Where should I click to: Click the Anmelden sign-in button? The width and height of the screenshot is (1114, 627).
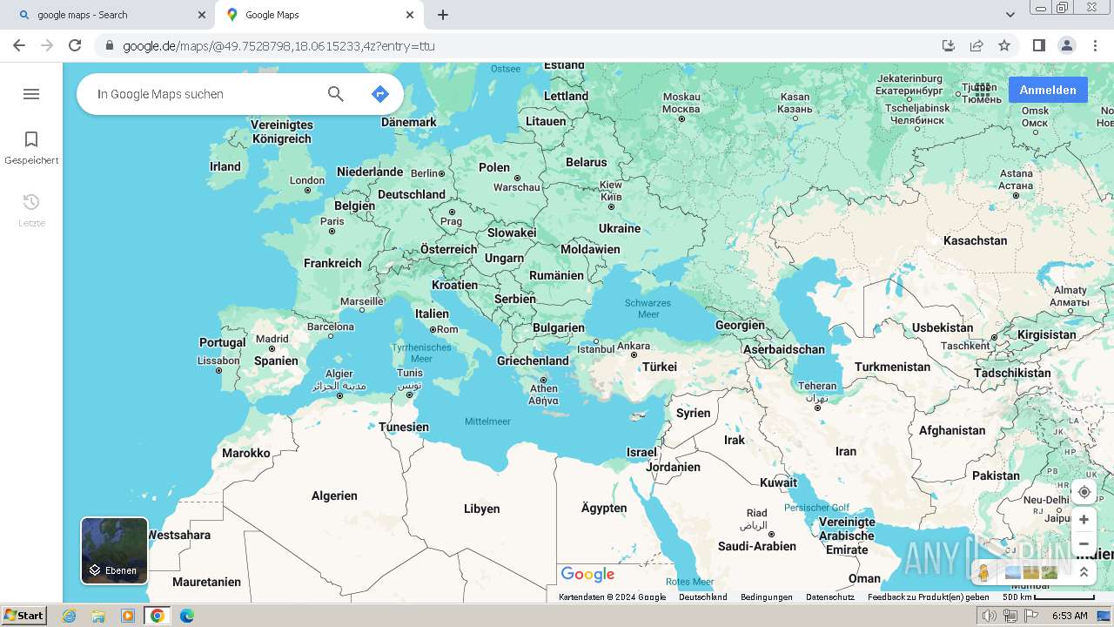(1048, 90)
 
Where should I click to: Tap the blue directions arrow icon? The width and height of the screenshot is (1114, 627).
(379, 94)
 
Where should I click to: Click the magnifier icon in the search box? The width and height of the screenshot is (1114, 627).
(335, 94)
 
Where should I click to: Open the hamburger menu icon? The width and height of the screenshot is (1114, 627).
(31, 94)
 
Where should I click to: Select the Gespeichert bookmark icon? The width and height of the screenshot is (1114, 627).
(31, 139)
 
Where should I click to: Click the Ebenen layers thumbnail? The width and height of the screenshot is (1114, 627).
(114, 550)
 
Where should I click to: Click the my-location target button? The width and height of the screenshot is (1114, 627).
(1084, 492)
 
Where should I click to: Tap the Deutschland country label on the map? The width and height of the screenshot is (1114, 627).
(412, 194)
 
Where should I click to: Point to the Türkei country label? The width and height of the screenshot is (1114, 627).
(660, 367)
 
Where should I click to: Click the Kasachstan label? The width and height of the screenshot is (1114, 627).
(975, 240)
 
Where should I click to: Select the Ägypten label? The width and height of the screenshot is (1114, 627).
(604, 508)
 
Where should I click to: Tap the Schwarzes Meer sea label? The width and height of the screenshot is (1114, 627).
(648, 308)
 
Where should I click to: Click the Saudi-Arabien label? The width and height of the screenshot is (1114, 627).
(756, 546)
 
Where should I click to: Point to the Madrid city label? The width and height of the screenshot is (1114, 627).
(272, 339)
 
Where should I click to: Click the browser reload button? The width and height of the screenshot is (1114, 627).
(75, 45)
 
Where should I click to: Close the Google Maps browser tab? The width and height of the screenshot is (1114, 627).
(410, 15)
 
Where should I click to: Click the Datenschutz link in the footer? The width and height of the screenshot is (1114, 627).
(829, 597)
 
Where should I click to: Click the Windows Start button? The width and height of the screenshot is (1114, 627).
(23, 616)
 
